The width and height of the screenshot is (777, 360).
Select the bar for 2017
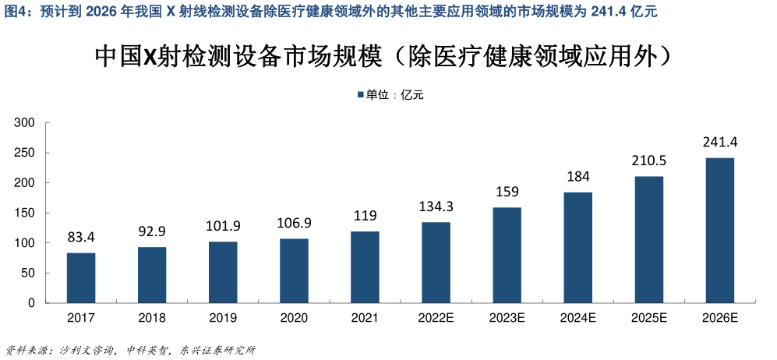(x=81, y=277)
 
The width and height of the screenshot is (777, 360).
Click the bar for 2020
(x=294, y=270)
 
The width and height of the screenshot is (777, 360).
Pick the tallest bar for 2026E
(x=719, y=230)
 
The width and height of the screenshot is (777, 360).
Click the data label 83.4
(x=81, y=236)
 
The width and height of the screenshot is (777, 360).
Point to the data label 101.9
(x=223, y=226)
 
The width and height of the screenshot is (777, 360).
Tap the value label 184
(x=577, y=176)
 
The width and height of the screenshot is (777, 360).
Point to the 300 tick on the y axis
(x=26, y=122)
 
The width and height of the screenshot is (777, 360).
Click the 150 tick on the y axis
(x=26, y=213)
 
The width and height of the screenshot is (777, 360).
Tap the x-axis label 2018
(x=152, y=318)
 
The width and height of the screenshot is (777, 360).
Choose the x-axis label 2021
(x=365, y=318)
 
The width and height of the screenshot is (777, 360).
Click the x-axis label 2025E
(x=648, y=318)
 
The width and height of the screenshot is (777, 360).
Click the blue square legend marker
(x=360, y=95)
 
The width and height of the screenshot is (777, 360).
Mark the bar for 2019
(x=223, y=272)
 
